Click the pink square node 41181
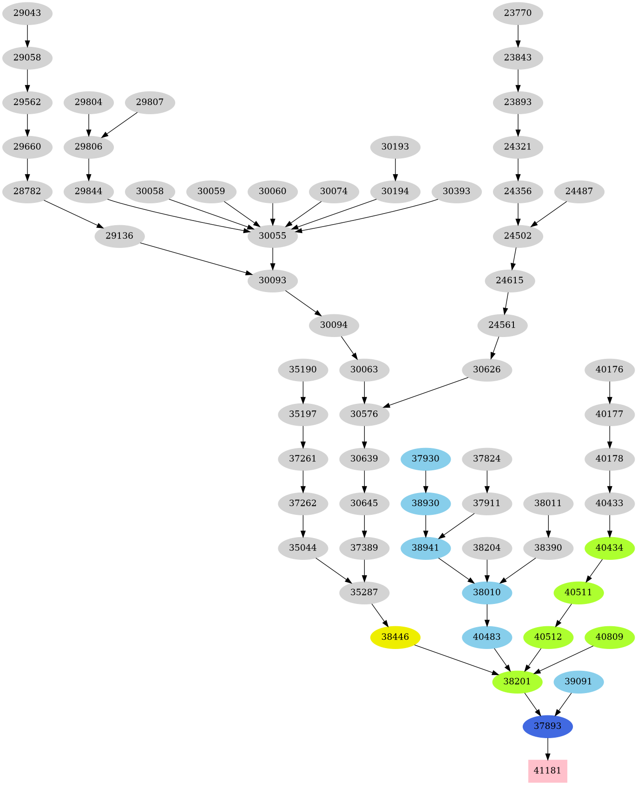coord(547,771)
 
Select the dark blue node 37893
coord(547,726)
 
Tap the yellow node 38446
coord(395,637)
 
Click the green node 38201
coord(517,681)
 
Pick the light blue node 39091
coord(578,681)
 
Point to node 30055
coord(272,236)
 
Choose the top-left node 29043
coord(27,13)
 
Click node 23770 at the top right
coord(518,13)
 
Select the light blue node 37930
coord(426,459)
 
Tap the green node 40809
coord(609,637)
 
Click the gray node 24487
coord(579,191)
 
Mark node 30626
coord(487,370)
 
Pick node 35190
coord(303,370)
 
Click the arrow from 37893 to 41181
coord(547,748)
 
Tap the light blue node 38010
coord(487,592)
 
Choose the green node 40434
coord(609,548)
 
